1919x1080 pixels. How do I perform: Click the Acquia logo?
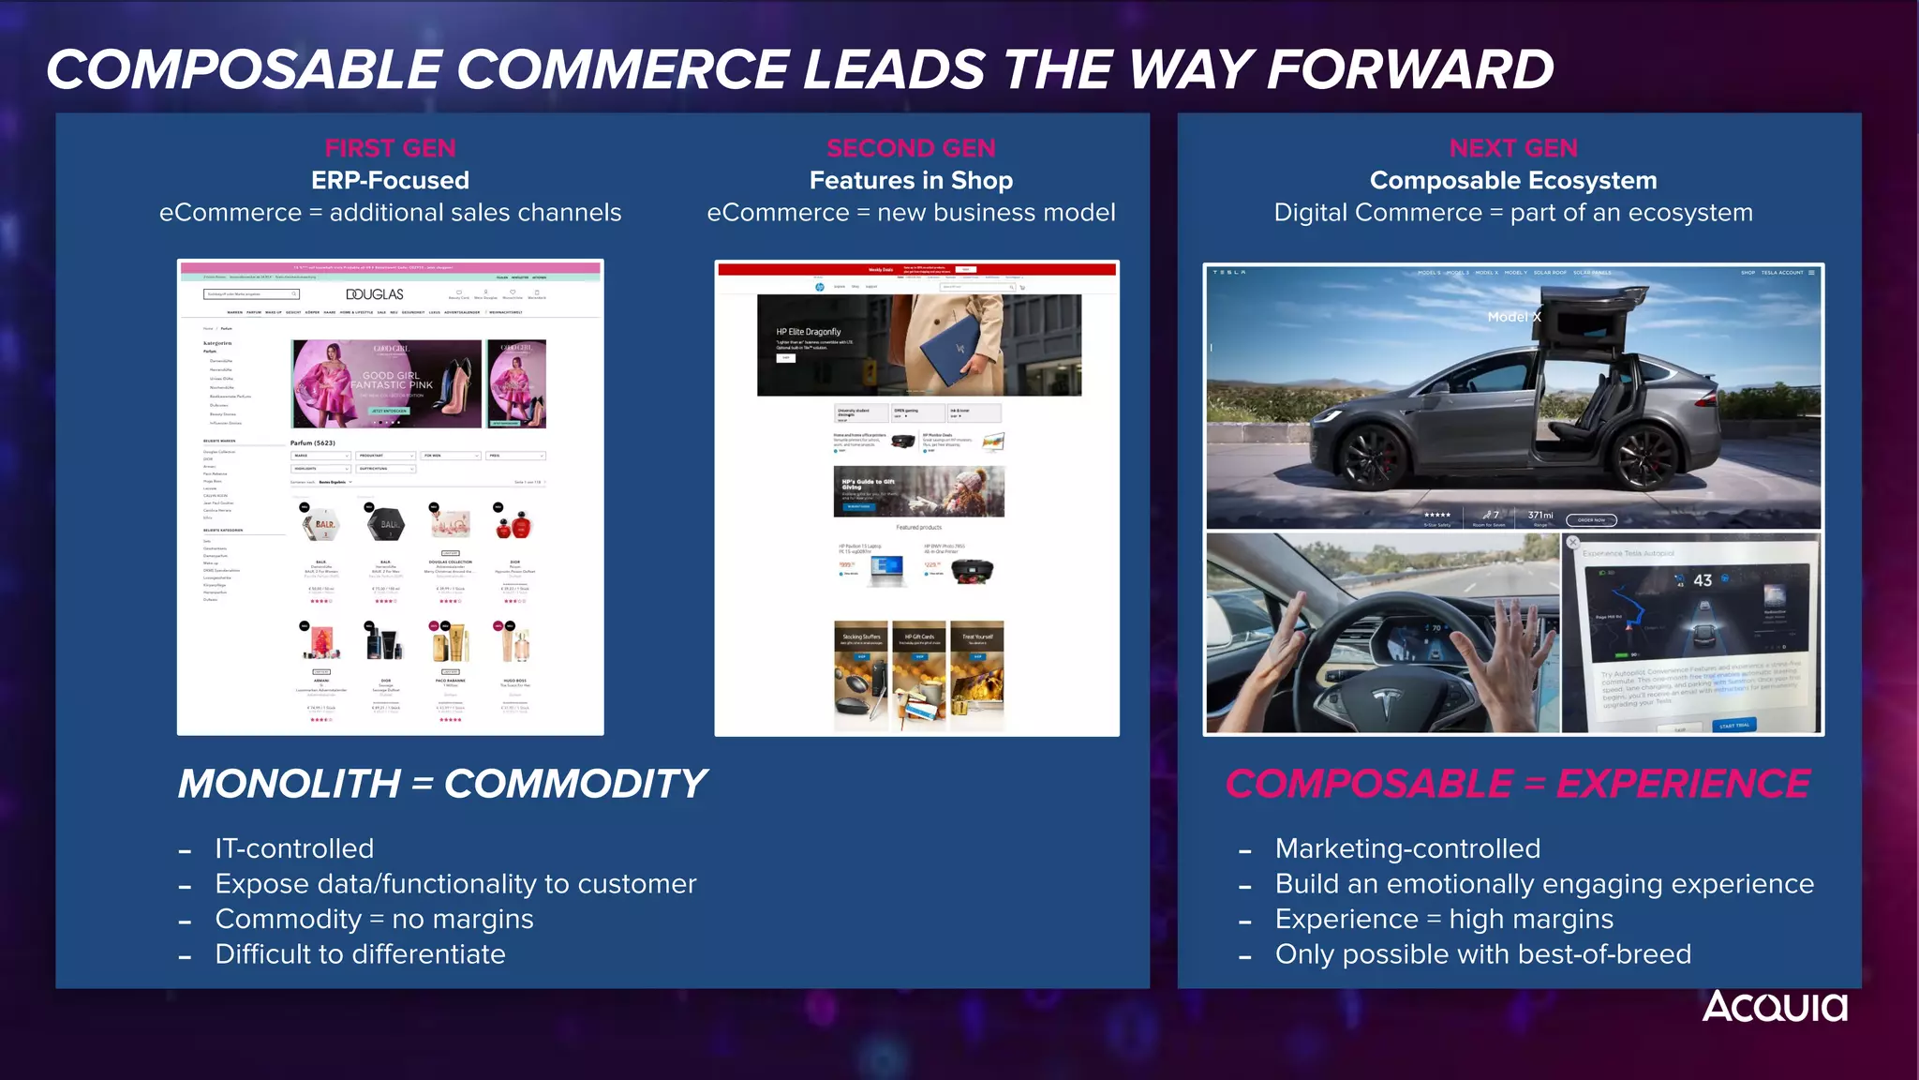tap(1775, 1007)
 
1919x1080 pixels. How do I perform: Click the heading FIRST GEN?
tap(390, 148)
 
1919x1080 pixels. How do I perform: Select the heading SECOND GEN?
tap(911, 148)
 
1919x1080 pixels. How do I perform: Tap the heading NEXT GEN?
tap(1513, 148)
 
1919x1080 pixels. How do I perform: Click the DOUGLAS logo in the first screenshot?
tap(375, 294)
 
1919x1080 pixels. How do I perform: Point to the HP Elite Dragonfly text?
tap(808, 332)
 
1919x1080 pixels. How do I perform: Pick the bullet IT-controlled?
tap(294, 848)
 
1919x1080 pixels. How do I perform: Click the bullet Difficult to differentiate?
tap(360, 954)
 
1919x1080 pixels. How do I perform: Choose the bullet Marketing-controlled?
tap(1407, 848)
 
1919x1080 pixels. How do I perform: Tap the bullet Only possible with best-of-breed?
tap(1482, 954)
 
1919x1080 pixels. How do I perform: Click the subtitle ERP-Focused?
tap(390, 180)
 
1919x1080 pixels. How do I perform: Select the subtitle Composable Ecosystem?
tap(1513, 180)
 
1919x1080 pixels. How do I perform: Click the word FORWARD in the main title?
tap(1409, 70)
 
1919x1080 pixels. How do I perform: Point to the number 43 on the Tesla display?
tap(1703, 580)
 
